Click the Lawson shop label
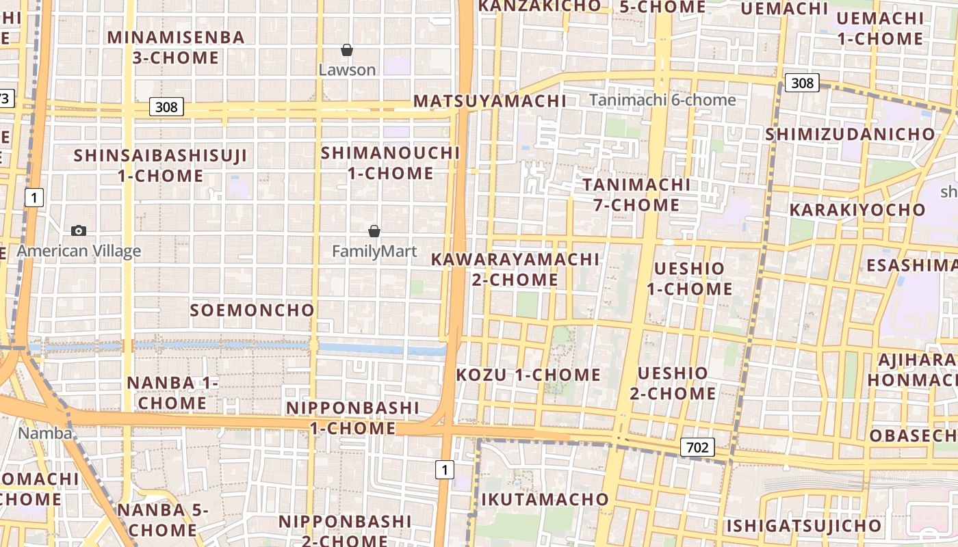[348, 70]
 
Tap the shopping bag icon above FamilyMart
[374, 231]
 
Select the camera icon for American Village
[79, 231]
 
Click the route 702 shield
[697, 448]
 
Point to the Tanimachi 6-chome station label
[662, 100]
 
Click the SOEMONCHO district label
[252, 310]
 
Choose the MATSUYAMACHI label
[490, 101]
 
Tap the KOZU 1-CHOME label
[528, 375]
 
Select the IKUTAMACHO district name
[545, 499]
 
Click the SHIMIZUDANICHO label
[850, 134]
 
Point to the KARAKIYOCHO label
[857, 209]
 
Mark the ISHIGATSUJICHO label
[803, 526]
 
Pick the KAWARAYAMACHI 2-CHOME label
[515, 269]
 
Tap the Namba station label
[44, 433]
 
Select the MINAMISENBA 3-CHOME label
[176, 47]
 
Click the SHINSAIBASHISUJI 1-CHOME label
[160, 165]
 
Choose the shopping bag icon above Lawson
[347, 50]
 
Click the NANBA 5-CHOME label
[161, 520]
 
